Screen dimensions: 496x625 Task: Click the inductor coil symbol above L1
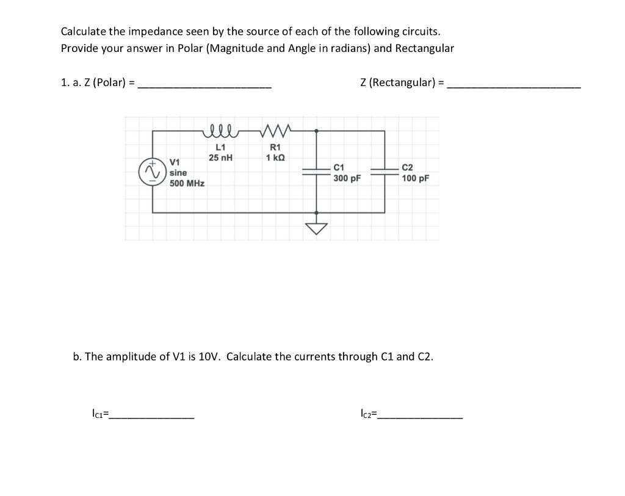220,129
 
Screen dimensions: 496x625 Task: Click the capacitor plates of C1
316,171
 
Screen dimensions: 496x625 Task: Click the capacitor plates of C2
385,171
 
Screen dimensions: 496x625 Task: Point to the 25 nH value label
220,157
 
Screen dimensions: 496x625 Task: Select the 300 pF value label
347,178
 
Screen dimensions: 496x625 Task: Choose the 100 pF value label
415,178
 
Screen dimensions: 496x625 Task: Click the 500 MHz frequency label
187,183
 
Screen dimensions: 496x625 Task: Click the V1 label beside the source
175,162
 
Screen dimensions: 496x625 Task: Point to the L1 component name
220,147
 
